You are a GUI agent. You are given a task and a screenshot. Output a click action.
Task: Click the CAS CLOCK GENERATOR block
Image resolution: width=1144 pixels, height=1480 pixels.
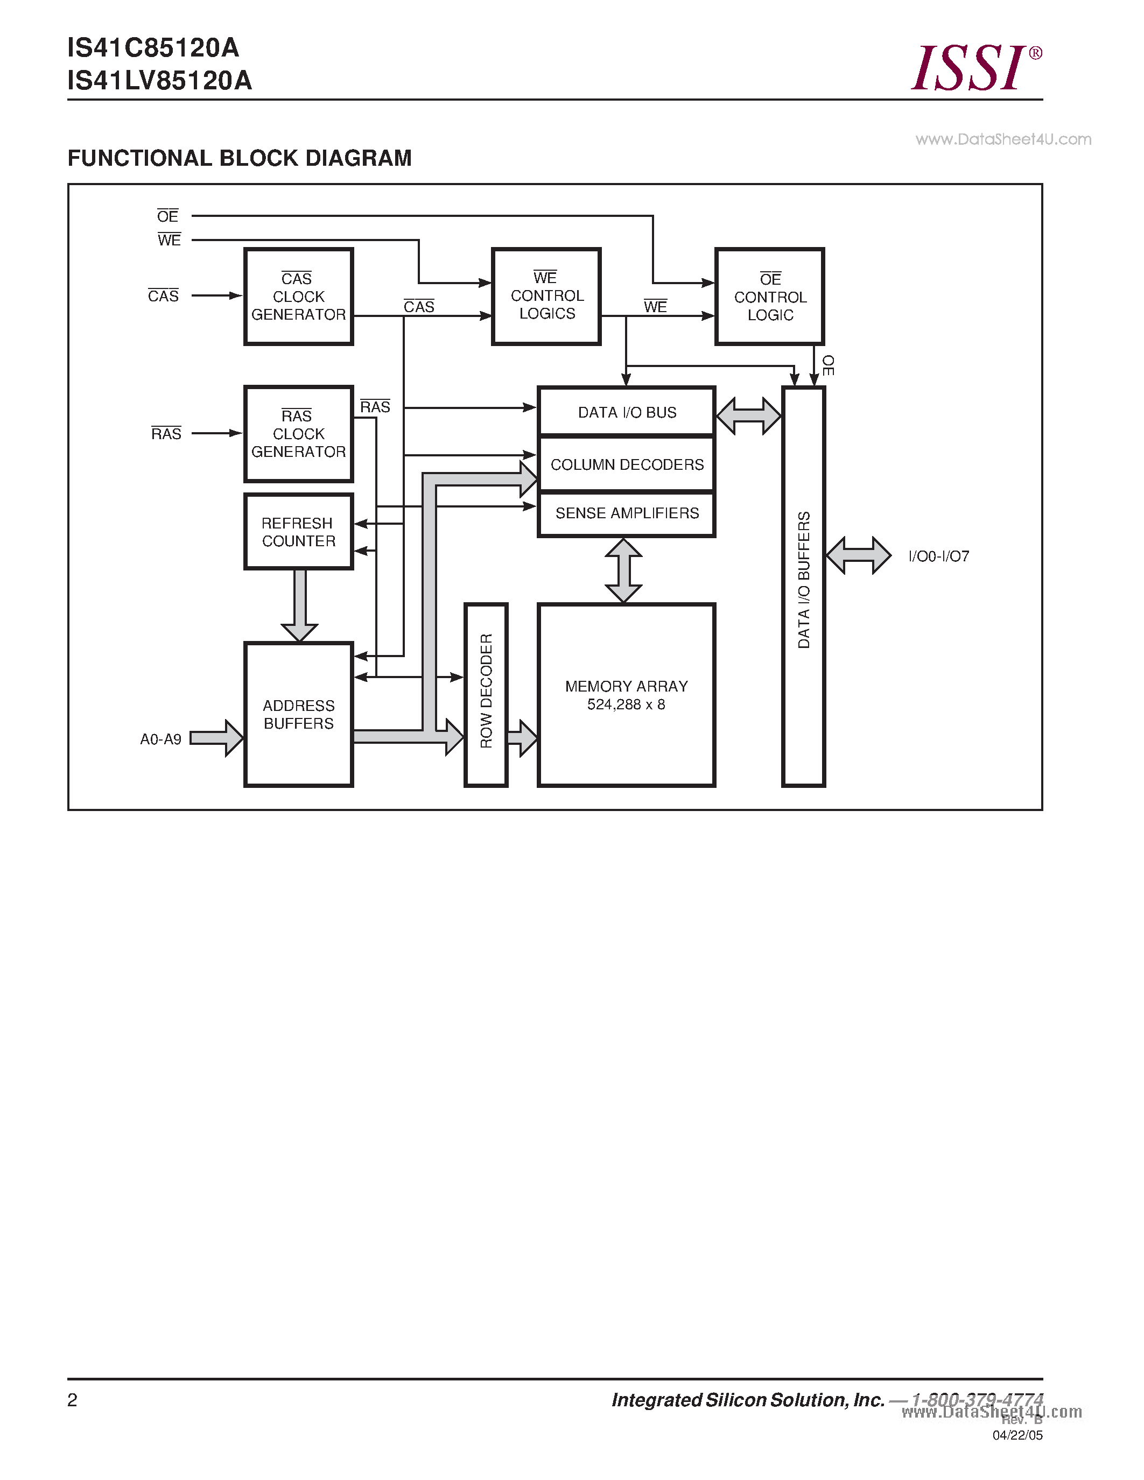(298, 297)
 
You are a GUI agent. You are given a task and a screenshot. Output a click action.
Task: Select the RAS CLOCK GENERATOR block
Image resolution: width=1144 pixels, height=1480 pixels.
(298, 434)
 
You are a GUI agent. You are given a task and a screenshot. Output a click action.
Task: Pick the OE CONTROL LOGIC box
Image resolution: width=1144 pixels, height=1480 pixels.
(769, 297)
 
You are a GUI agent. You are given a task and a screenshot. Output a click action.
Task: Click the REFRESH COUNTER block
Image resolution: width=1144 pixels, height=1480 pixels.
(298, 532)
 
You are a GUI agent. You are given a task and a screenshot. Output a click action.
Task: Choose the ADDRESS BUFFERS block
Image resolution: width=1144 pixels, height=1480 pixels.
(298, 714)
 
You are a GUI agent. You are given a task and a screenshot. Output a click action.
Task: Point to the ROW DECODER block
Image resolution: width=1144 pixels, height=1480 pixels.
(486, 695)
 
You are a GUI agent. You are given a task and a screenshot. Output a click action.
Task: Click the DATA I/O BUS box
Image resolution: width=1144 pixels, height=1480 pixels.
(626, 412)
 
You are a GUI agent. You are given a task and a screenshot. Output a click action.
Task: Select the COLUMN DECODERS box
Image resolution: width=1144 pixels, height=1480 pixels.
(626, 464)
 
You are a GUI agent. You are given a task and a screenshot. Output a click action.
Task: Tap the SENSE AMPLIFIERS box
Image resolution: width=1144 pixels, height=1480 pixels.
(626, 513)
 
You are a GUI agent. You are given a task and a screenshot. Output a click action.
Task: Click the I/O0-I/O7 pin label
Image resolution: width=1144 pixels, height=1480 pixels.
(939, 556)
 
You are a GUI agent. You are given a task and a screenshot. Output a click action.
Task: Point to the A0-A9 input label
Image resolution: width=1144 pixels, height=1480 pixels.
(160, 739)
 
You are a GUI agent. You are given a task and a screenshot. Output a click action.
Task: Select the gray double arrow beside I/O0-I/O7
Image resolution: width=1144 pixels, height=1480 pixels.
(858, 556)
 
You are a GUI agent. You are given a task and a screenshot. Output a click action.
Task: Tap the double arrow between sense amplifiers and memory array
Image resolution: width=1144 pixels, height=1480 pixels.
(623, 570)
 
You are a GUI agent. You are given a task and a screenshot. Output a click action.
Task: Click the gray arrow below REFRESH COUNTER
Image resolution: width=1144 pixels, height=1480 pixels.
(299, 605)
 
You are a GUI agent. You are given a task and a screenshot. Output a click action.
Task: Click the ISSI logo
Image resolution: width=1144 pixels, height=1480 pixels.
(974, 67)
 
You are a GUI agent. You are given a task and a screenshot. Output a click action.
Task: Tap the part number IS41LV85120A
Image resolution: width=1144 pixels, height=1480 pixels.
(159, 81)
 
